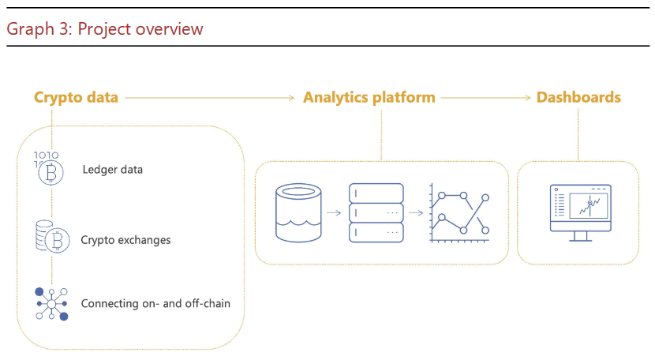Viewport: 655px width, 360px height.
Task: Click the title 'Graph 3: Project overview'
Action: [x=104, y=29]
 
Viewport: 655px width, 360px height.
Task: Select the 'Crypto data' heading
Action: [x=76, y=98]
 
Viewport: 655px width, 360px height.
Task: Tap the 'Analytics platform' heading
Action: [x=369, y=98]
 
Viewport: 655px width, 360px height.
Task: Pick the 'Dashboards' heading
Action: [x=578, y=98]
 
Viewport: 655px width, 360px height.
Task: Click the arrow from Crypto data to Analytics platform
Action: [x=210, y=98]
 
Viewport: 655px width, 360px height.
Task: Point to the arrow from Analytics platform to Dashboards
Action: [x=485, y=98]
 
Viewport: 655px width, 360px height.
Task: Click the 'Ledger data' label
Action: [x=112, y=169]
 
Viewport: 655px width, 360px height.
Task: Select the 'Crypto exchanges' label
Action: [x=125, y=239]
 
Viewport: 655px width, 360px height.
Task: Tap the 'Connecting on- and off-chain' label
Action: [x=155, y=303]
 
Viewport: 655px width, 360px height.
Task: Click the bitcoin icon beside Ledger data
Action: [x=51, y=169]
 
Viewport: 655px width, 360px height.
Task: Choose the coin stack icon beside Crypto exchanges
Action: [x=51, y=237]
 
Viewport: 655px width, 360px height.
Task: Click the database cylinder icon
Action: [x=299, y=212]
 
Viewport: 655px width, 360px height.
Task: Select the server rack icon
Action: [x=376, y=212]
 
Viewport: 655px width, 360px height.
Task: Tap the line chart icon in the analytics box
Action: [x=460, y=212]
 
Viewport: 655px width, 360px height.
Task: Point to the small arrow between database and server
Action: [x=334, y=213]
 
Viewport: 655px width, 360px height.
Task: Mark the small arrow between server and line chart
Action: [x=414, y=213]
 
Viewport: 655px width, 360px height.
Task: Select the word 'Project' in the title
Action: [x=105, y=29]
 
